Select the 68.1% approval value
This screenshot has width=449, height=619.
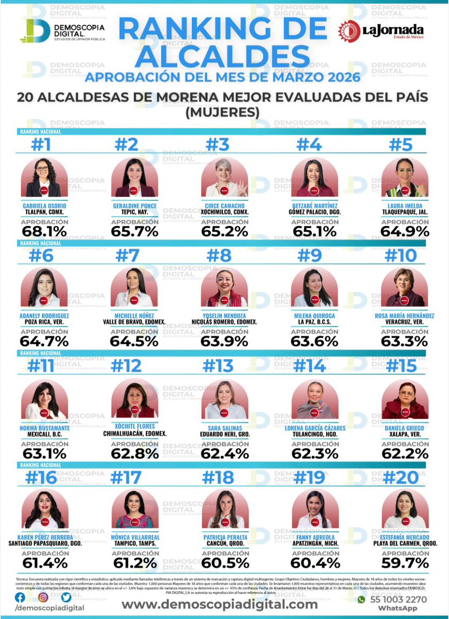[43, 231]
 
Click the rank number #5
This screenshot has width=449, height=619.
[405, 145]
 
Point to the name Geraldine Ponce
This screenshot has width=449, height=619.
[134, 206]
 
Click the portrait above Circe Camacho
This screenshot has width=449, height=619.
[224, 177]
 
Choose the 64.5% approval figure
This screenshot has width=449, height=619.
[134, 341]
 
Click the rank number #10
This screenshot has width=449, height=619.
[405, 255]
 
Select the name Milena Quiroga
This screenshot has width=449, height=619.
[314, 316]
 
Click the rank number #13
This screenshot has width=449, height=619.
[224, 366]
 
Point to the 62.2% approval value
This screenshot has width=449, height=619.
[405, 453]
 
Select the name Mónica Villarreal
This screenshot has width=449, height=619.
[134, 536]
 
